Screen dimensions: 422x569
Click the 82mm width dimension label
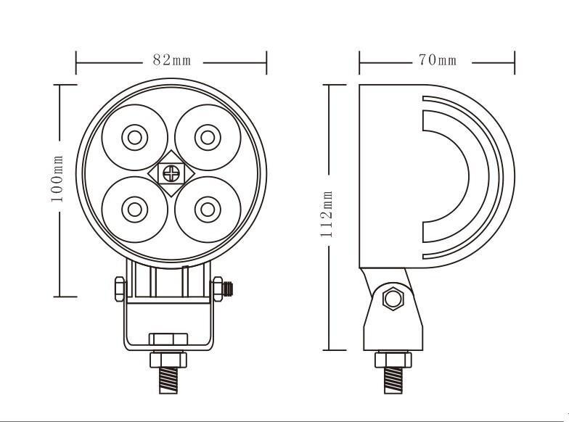171,60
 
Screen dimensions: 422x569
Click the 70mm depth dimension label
437,60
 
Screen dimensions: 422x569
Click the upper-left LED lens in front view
134,136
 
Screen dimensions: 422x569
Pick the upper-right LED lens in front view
208,136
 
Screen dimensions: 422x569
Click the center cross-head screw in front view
171,173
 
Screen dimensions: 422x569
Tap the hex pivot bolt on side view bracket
393,298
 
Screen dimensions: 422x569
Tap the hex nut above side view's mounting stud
393,360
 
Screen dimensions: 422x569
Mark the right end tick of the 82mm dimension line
267,62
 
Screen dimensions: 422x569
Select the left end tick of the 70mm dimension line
359,62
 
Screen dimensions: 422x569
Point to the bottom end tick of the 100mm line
65,297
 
